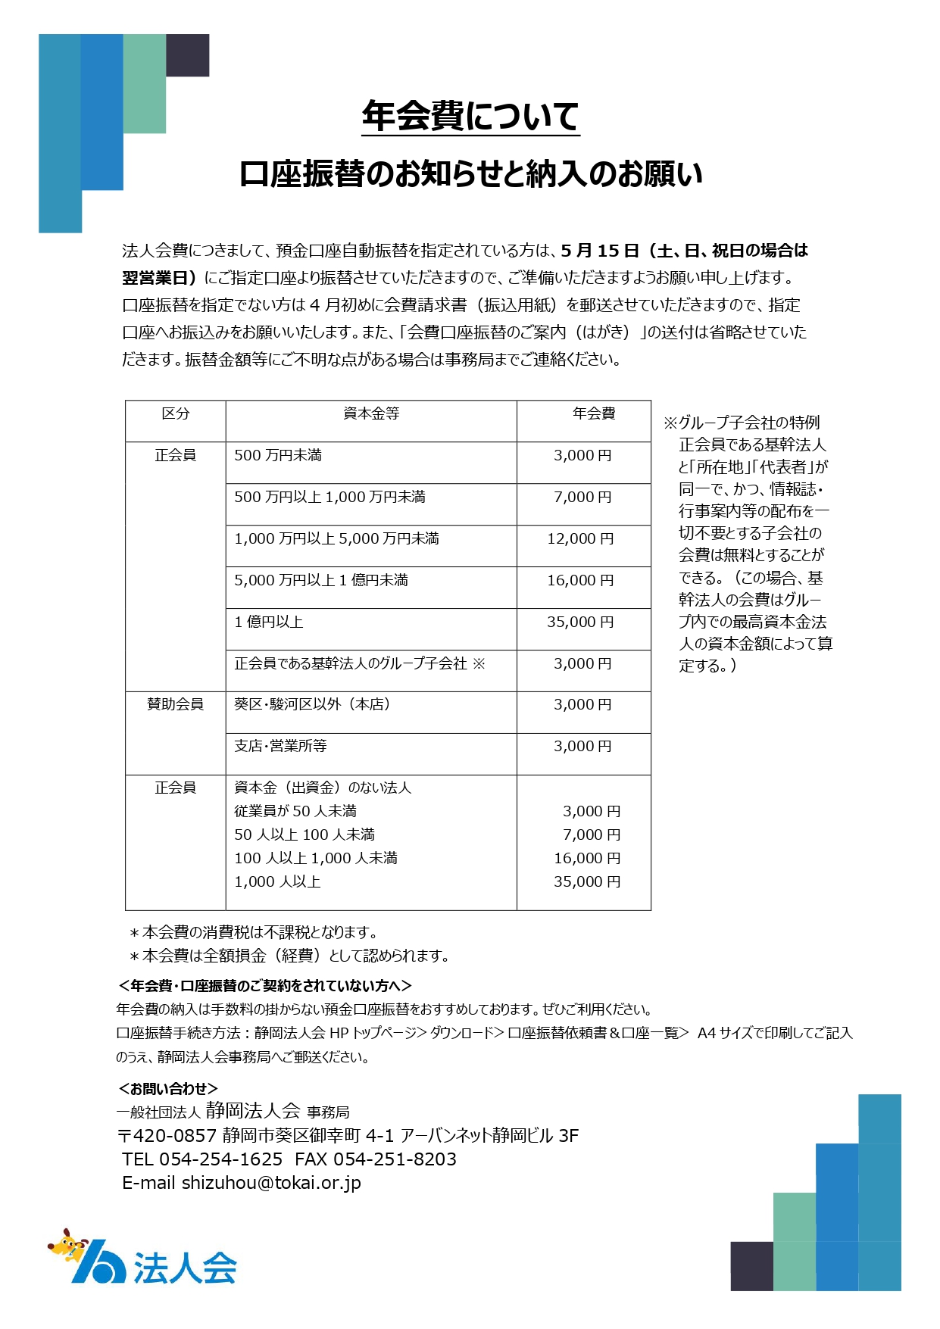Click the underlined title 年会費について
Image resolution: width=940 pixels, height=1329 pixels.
click(x=470, y=117)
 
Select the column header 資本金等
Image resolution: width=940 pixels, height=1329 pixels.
click(x=371, y=413)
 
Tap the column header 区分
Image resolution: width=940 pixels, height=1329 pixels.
click(x=175, y=413)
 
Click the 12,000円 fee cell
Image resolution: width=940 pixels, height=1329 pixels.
click(x=581, y=539)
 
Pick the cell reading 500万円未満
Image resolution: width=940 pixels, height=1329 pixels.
click(x=278, y=455)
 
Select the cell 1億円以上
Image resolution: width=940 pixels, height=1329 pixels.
click(x=269, y=622)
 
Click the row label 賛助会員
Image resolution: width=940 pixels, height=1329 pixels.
click(x=175, y=704)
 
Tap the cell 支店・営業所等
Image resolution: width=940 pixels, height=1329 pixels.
click(x=280, y=746)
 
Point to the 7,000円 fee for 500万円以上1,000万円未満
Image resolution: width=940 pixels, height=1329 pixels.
click(x=582, y=498)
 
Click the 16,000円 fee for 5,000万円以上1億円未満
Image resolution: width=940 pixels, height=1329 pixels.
click(x=581, y=581)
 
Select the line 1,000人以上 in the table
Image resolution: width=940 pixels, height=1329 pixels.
click(x=277, y=881)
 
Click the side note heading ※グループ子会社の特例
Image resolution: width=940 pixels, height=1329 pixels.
click(x=742, y=423)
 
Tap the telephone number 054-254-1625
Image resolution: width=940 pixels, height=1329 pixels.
click(x=220, y=1159)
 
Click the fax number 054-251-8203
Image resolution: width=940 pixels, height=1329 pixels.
click(x=395, y=1159)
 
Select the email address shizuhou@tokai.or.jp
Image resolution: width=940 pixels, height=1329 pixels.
click(x=271, y=1183)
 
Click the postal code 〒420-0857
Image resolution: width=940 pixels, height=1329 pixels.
click(x=167, y=1135)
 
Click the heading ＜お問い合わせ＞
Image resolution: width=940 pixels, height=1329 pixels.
click(x=168, y=1088)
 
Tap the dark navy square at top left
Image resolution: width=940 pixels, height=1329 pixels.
click(x=187, y=55)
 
